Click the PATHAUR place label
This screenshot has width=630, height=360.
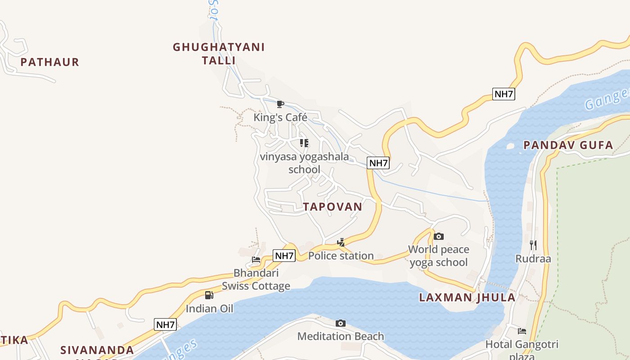point(49,62)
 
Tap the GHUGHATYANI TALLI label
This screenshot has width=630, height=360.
point(219,54)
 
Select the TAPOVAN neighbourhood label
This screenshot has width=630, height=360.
point(332,207)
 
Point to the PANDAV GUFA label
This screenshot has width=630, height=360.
point(568,145)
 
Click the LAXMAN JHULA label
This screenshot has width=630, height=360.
point(467,297)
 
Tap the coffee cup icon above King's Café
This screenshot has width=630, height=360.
point(280,104)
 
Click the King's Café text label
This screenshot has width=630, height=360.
point(280,117)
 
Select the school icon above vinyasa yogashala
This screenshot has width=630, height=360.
point(304,143)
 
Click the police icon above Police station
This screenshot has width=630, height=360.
point(341,243)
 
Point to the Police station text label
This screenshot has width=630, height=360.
point(341,256)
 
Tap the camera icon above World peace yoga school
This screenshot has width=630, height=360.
point(439,236)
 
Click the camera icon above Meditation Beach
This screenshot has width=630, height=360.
point(341,323)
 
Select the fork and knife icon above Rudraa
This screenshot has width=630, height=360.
point(533,245)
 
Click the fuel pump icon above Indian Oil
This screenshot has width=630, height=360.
point(209,295)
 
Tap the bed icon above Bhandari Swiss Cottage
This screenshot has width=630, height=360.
point(256,260)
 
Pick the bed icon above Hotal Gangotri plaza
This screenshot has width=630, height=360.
point(522,331)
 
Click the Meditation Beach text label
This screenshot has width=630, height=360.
point(341,336)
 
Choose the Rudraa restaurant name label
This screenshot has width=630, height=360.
point(533,259)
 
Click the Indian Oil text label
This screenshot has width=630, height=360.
point(210,309)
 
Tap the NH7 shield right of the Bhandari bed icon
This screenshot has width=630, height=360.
point(284,256)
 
